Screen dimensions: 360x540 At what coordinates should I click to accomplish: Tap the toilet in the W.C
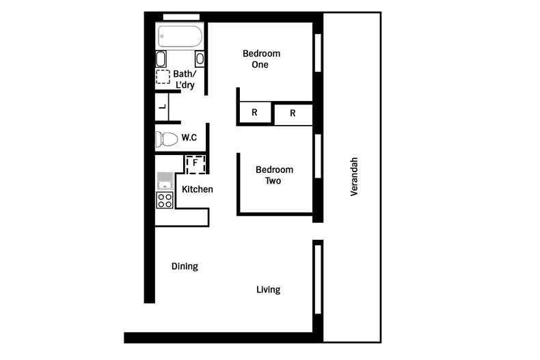point(166,139)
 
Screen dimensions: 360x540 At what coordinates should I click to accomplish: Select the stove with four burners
point(164,199)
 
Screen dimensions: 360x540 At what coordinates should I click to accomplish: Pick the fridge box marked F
point(195,163)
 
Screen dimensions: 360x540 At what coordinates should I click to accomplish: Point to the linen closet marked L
point(163,107)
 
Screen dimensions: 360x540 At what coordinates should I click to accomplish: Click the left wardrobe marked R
point(254,113)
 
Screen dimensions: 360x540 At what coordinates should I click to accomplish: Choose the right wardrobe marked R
point(293,113)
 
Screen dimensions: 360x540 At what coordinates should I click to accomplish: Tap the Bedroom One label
point(261,59)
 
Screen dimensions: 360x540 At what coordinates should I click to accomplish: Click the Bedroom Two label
point(274,175)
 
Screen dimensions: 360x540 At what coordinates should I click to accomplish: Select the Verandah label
point(354,177)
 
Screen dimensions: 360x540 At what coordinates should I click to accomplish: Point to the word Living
point(268,290)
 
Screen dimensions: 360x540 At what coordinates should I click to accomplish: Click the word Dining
point(185,266)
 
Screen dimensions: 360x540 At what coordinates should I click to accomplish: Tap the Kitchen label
point(197,189)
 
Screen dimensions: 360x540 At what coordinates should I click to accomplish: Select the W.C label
point(189,138)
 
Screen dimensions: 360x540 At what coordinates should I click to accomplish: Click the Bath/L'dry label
point(185,79)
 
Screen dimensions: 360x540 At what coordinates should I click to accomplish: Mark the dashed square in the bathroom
point(163,77)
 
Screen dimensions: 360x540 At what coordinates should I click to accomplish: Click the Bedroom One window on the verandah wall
point(317,53)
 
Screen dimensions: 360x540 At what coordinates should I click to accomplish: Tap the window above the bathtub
point(181,16)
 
